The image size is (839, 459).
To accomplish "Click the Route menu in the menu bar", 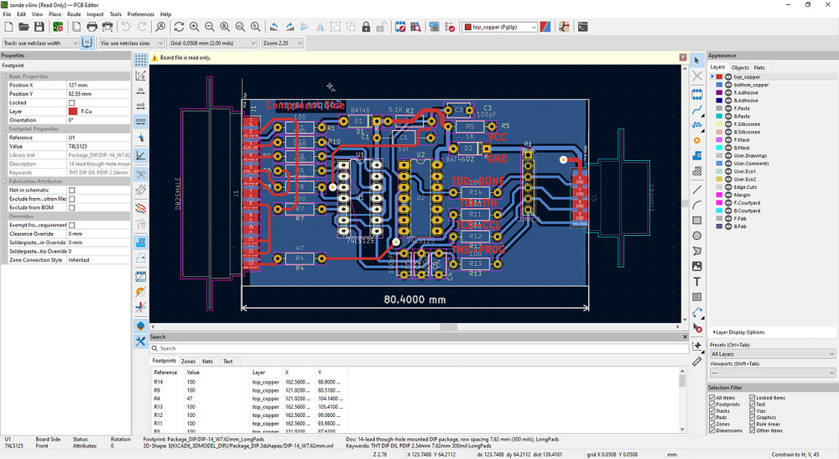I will pos(74,14).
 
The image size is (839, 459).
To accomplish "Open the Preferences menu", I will pos(140,14).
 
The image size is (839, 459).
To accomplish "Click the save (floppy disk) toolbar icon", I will pos(39,28).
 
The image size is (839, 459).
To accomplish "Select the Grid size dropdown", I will pos(213,42).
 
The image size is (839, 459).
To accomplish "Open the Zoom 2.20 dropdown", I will pos(282,42).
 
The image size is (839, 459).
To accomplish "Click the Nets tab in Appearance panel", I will pos(759,67).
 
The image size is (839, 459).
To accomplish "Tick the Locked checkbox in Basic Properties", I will pos(72,102).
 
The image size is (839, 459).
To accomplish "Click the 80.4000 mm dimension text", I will pos(415,298).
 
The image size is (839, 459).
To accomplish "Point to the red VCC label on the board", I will pos(498,136).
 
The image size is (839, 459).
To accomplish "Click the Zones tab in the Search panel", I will pos(188,361).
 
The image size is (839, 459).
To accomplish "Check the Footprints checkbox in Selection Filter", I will pos(712,404).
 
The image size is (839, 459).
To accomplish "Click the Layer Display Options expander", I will pos(739,332).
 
